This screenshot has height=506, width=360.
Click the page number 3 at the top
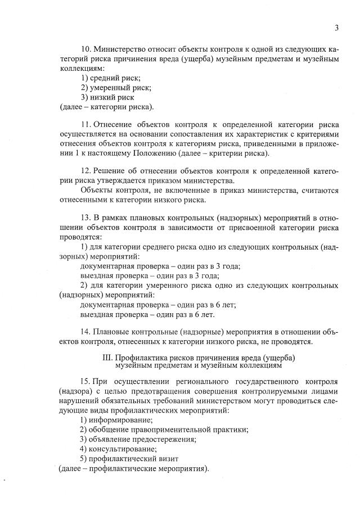pos(336,28)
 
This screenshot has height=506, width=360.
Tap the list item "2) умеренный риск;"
pos(116,87)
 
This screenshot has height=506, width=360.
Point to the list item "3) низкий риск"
pos(107,97)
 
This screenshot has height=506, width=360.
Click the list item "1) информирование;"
pos(116,420)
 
